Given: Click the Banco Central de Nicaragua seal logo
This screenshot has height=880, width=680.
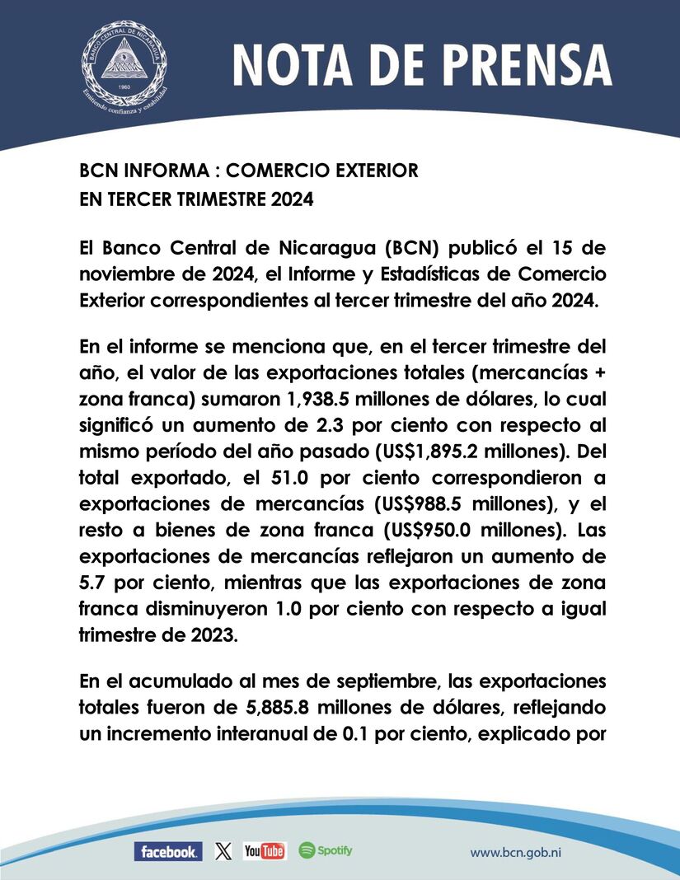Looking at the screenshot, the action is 124,63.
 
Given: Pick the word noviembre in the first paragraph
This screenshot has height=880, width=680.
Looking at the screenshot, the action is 120,274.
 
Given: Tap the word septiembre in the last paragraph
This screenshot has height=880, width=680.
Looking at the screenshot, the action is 422,682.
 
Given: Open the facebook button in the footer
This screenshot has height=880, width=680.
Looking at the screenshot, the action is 167,852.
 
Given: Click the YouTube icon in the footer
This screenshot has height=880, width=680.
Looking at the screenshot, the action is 264,851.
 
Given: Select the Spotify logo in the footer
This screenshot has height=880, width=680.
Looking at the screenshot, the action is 326,850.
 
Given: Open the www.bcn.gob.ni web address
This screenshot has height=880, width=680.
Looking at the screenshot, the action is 521,852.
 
